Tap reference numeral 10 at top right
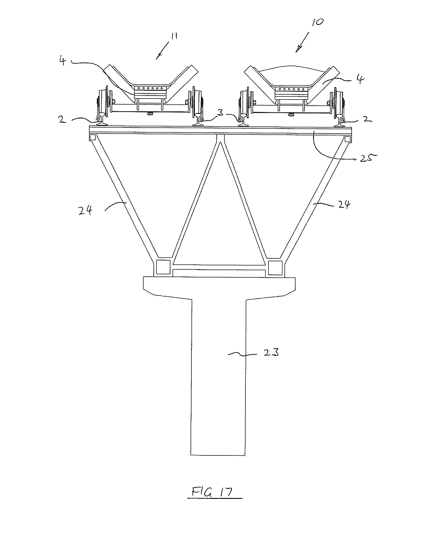point(318,22)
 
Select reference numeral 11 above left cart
point(174,37)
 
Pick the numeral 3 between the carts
point(220,112)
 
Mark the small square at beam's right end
point(348,139)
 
